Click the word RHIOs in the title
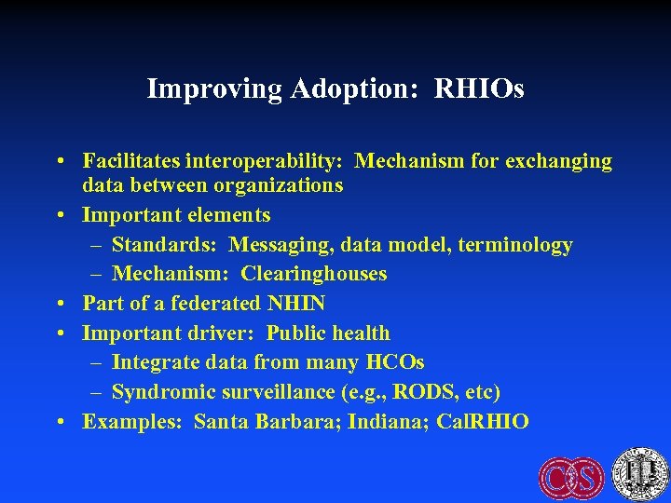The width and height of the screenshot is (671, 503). (480, 89)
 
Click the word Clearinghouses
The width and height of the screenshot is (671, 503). (314, 274)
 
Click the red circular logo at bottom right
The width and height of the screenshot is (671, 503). (570, 477)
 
